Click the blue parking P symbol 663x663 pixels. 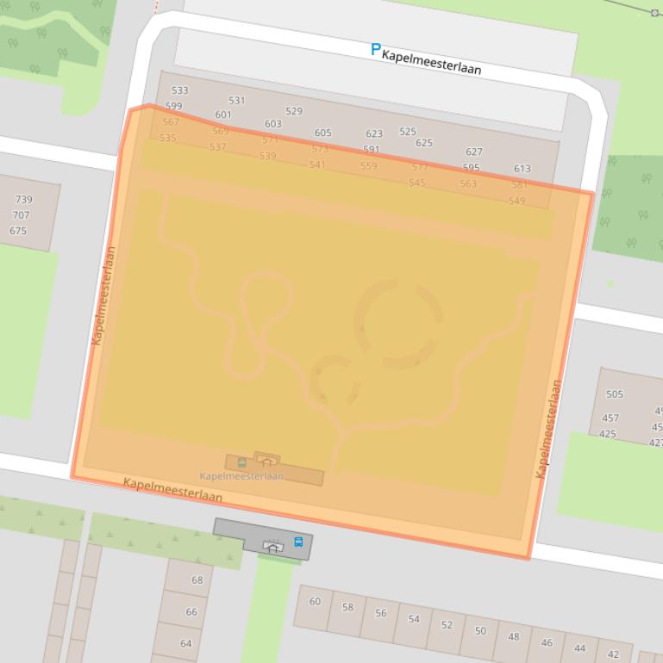click(x=375, y=50)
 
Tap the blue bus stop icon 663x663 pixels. click(x=298, y=542)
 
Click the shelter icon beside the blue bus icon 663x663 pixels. click(x=272, y=546)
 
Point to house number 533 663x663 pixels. click(x=180, y=90)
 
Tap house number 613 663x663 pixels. click(x=522, y=169)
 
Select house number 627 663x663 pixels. click(x=474, y=152)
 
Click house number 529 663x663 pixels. click(x=294, y=111)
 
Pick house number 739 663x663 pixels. click(x=23, y=200)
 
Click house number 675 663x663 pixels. click(x=18, y=231)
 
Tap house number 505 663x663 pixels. click(x=615, y=394)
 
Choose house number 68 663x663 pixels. click(x=197, y=580)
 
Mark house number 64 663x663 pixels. click(x=186, y=643)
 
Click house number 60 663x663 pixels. click(x=315, y=601)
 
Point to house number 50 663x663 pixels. click(x=480, y=630)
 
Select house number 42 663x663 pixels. click(x=614, y=654)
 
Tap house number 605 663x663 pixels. click(x=323, y=133)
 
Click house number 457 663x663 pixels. click(x=610, y=418)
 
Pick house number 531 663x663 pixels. click(x=237, y=100)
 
